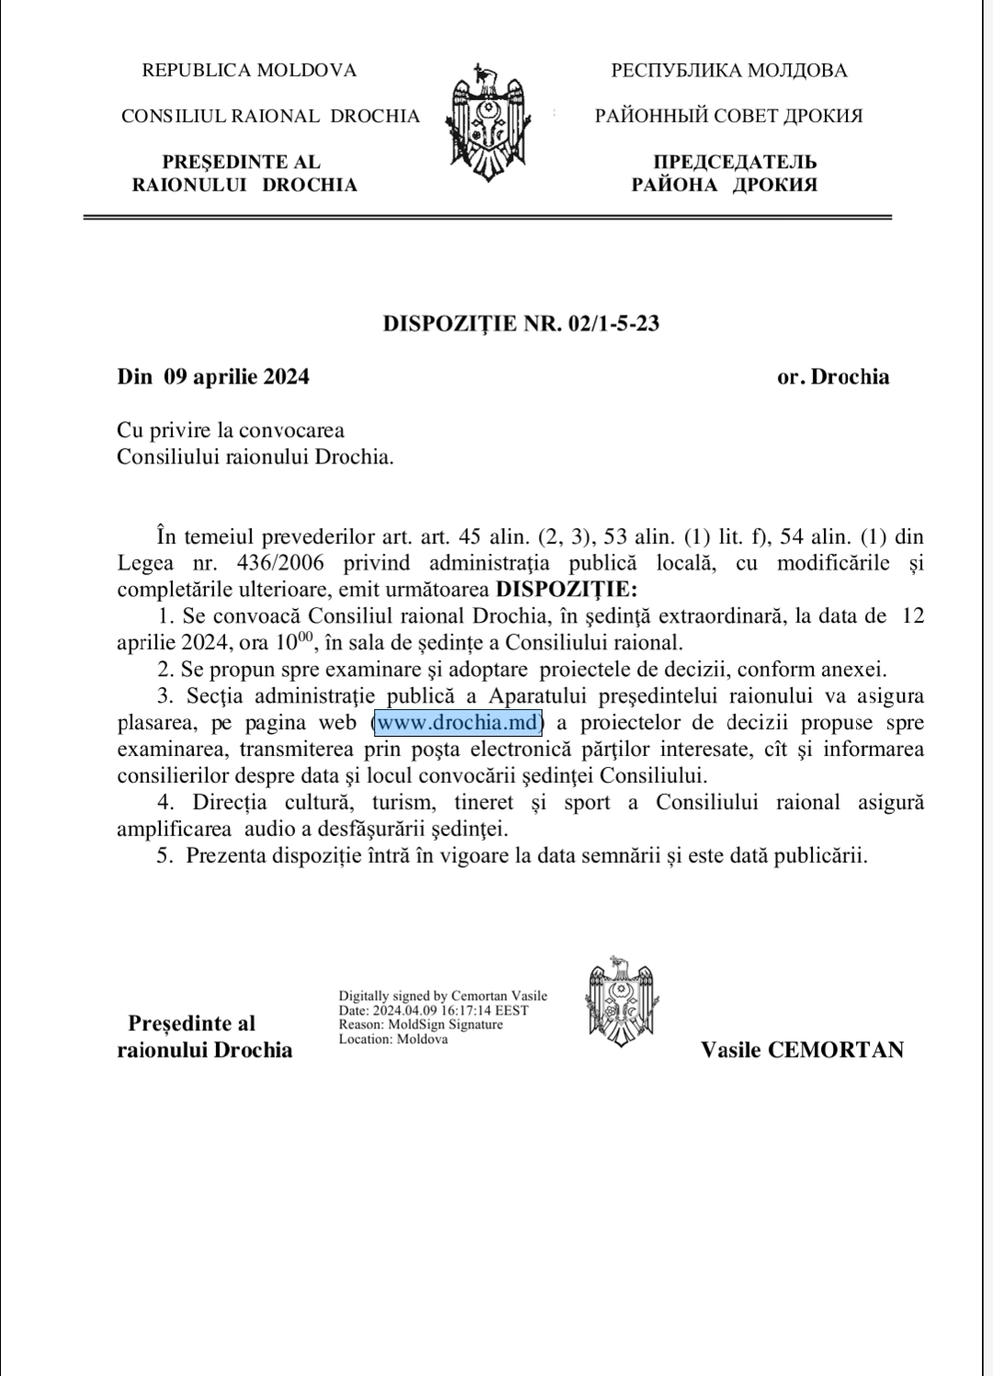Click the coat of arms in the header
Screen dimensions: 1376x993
(x=487, y=124)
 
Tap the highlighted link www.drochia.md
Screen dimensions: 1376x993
(x=458, y=723)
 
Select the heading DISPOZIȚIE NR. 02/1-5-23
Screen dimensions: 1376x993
(x=520, y=324)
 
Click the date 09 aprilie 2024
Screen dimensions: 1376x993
(x=236, y=376)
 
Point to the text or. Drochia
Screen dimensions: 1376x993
(x=833, y=376)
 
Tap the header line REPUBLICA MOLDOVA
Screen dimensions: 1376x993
(x=249, y=70)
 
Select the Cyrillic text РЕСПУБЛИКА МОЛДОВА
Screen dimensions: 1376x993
(x=729, y=70)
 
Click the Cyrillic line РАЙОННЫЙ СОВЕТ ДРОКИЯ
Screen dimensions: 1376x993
(x=729, y=116)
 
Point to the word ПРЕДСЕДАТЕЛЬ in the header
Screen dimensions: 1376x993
(x=736, y=162)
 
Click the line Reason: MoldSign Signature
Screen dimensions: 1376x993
(x=421, y=1025)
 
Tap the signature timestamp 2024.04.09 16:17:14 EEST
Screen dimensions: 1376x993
(x=451, y=1010)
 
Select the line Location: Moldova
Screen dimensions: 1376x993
(x=394, y=1039)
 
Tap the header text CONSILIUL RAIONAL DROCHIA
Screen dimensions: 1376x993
(x=270, y=116)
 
